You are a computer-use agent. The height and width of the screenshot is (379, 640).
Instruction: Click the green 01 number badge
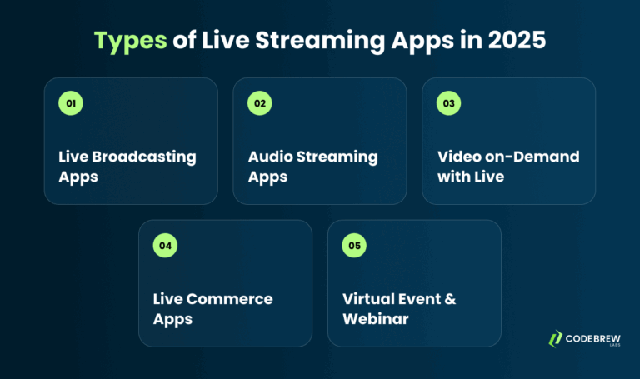click(71, 104)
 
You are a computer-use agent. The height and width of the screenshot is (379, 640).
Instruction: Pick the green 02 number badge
click(260, 104)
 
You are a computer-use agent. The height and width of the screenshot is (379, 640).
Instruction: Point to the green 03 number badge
click(449, 104)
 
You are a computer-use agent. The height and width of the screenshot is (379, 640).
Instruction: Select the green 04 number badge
click(165, 246)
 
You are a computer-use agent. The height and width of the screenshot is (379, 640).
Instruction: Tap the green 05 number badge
click(354, 246)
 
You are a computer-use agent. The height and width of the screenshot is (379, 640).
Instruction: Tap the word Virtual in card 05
click(368, 299)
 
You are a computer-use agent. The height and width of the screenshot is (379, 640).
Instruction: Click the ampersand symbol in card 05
click(450, 299)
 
